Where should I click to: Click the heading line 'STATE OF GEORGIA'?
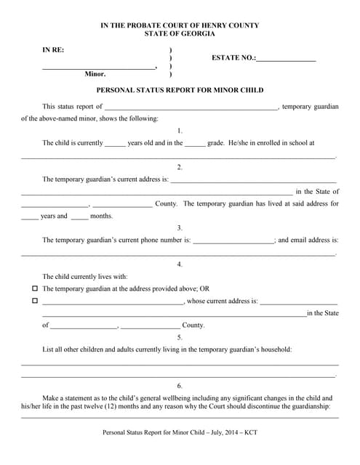180,34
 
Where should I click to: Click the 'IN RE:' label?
52,49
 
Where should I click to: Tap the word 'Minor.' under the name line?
95,74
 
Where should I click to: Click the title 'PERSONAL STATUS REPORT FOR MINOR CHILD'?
180,91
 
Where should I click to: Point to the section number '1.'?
180,131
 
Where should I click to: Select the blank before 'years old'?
115,144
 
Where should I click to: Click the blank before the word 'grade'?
195,144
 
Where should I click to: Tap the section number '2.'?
180,167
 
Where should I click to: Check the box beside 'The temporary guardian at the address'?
34,288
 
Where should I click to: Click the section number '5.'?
180,337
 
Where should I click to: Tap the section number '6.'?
180,385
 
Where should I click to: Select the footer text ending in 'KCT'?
180,434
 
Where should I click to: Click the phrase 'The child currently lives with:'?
85,276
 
